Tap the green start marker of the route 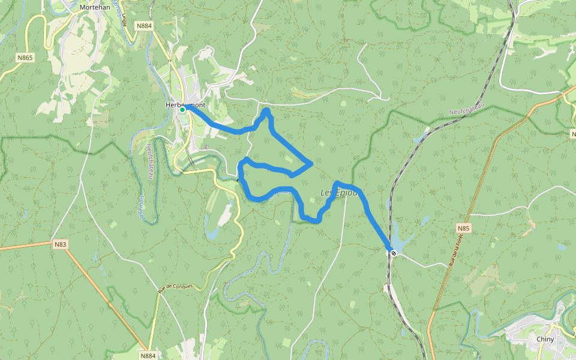pos(182,110)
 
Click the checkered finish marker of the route pos(394,253)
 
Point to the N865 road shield pos(26,58)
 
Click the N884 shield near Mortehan pos(144,26)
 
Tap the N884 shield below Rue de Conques pos(148,355)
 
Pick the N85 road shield pos(463,229)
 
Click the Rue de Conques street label pos(175,287)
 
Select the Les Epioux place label pos(339,193)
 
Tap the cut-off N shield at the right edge pos(573,134)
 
